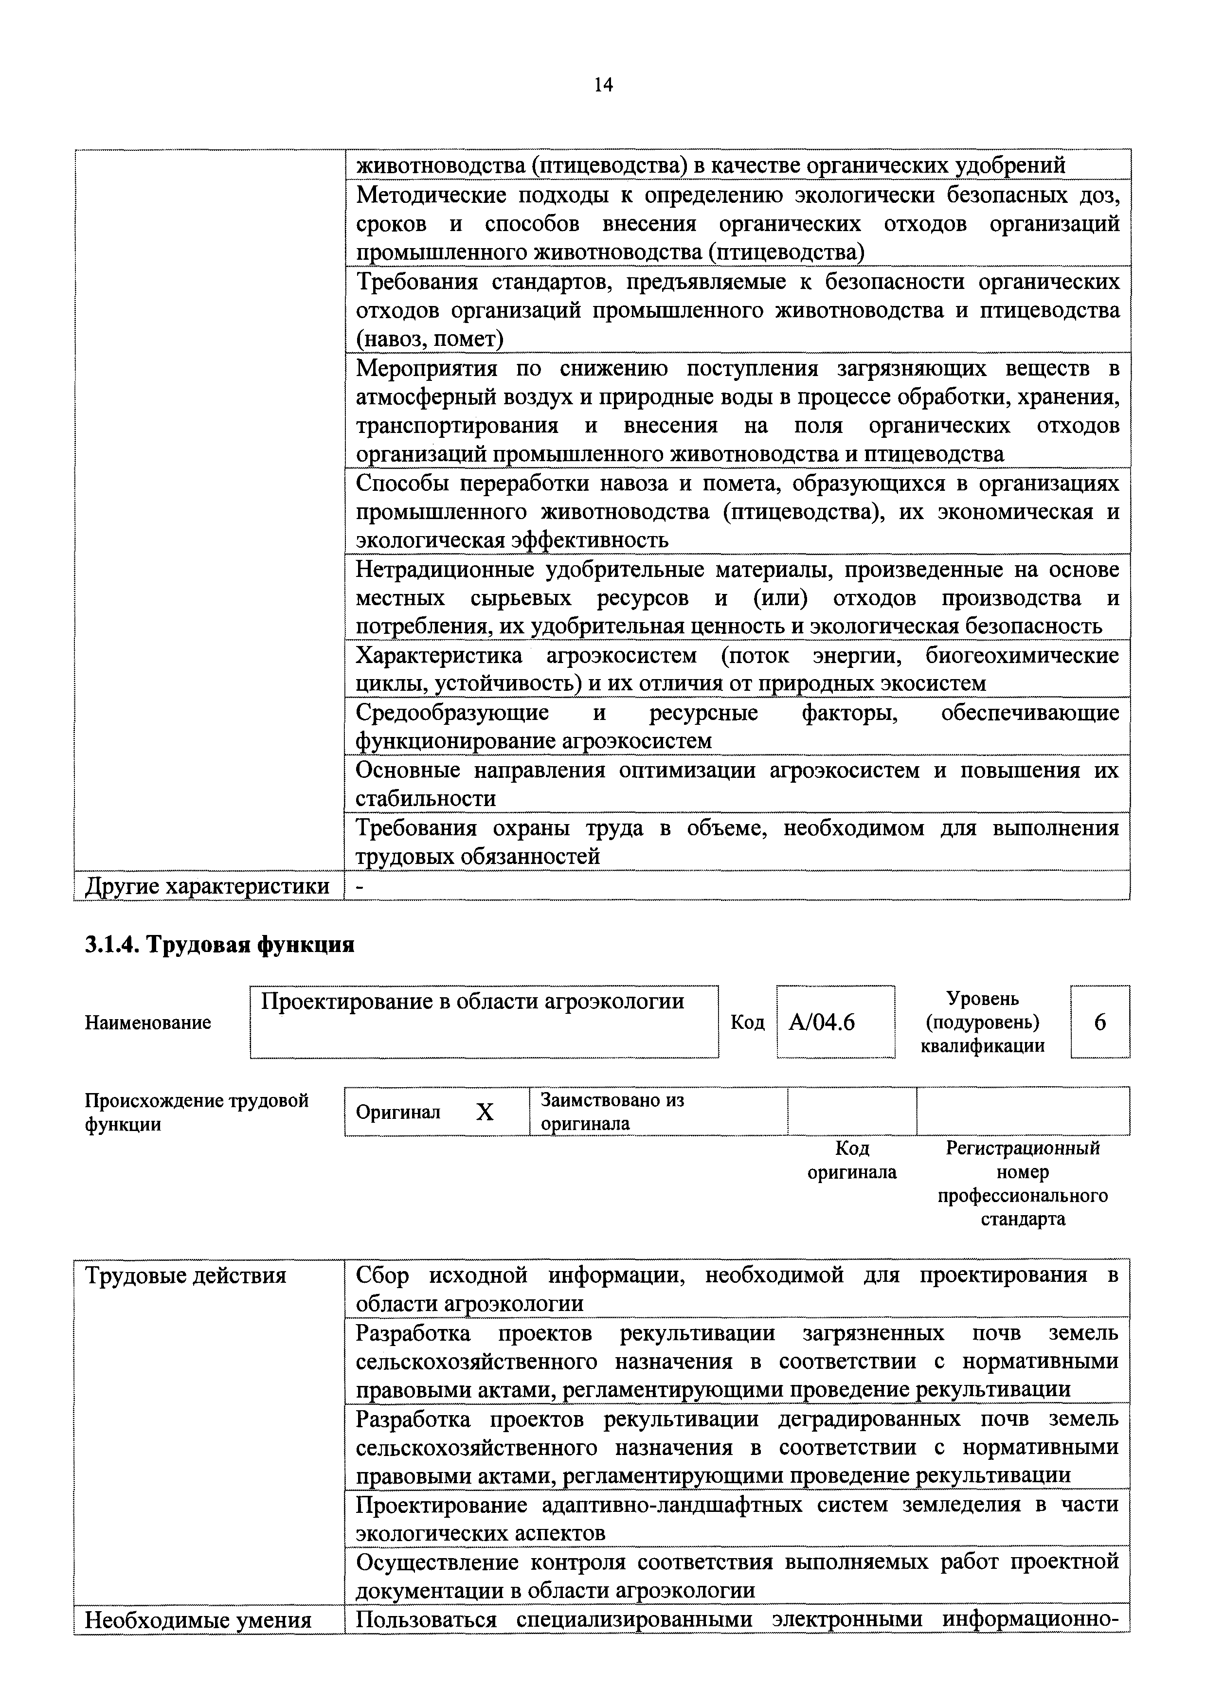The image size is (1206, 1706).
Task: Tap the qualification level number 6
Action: pos(1100,1023)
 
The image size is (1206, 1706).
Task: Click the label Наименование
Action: pos(148,1023)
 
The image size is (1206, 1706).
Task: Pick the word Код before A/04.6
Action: pos(748,1023)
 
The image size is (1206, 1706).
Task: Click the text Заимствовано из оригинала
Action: pos(612,1111)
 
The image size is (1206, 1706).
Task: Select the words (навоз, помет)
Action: pos(430,340)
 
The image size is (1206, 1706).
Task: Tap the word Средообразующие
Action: pos(452,713)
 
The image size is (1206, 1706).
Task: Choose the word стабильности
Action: pos(426,799)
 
